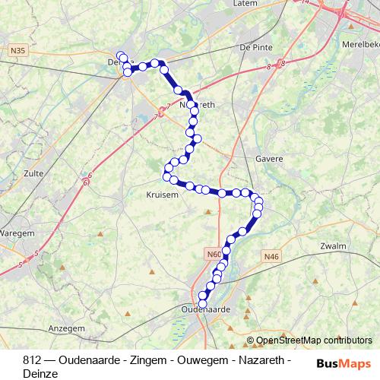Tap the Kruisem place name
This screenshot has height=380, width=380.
(160, 195)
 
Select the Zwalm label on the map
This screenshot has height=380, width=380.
(334, 245)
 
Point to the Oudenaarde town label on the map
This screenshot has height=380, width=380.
(206, 309)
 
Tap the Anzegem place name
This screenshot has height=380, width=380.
(67, 328)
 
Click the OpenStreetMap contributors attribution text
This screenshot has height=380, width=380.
(314, 340)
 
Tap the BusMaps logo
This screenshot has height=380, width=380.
(344, 363)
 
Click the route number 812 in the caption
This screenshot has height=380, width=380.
(32, 359)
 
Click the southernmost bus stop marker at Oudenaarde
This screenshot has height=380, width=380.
(202, 304)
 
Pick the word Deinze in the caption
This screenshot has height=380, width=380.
(40, 373)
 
